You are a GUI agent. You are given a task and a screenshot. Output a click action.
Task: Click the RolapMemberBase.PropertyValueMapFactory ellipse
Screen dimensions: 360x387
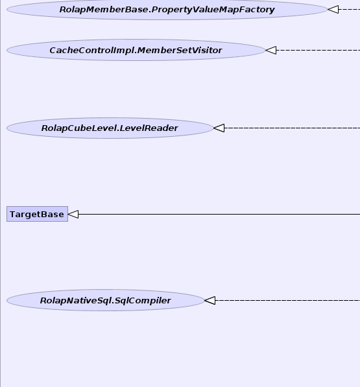tap(167, 9)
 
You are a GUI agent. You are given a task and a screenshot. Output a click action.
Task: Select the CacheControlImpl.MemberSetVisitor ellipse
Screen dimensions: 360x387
tap(136, 50)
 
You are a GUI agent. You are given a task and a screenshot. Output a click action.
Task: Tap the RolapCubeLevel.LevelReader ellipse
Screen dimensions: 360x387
tap(110, 128)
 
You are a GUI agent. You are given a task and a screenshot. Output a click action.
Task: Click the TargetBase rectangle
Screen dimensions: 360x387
tap(37, 214)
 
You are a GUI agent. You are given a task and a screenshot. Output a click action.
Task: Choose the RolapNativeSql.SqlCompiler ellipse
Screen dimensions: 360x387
tap(106, 300)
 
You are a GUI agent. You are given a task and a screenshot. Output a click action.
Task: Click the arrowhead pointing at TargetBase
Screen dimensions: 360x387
tap(73, 214)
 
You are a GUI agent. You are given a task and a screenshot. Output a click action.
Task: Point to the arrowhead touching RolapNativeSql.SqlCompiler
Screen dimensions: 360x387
tap(210, 300)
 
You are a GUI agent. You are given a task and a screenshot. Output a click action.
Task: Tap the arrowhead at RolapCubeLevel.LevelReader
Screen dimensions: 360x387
tap(219, 128)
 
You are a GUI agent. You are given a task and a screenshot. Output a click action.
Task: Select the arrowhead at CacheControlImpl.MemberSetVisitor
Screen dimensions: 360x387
tap(271, 50)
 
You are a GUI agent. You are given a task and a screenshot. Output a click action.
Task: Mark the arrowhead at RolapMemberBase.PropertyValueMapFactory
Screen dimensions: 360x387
tap(333, 9)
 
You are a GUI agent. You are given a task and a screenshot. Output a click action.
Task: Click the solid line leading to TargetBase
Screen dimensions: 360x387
tap(219, 214)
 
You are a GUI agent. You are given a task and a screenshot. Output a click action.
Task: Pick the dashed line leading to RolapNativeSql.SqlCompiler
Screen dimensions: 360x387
tap(287, 300)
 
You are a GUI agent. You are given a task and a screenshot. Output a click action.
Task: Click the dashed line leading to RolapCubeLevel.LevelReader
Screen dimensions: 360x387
tap(293, 128)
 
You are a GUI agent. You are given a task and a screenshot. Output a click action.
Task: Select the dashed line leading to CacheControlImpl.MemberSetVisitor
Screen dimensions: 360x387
tap(318, 50)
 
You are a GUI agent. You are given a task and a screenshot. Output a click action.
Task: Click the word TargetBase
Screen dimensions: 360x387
tap(37, 214)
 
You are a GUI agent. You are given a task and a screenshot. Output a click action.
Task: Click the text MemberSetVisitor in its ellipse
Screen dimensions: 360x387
tap(180, 51)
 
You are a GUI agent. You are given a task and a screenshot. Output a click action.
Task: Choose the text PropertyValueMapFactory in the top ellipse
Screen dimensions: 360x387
tap(213, 10)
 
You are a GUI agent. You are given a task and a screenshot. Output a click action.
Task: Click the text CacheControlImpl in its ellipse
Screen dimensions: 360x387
tap(92, 51)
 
